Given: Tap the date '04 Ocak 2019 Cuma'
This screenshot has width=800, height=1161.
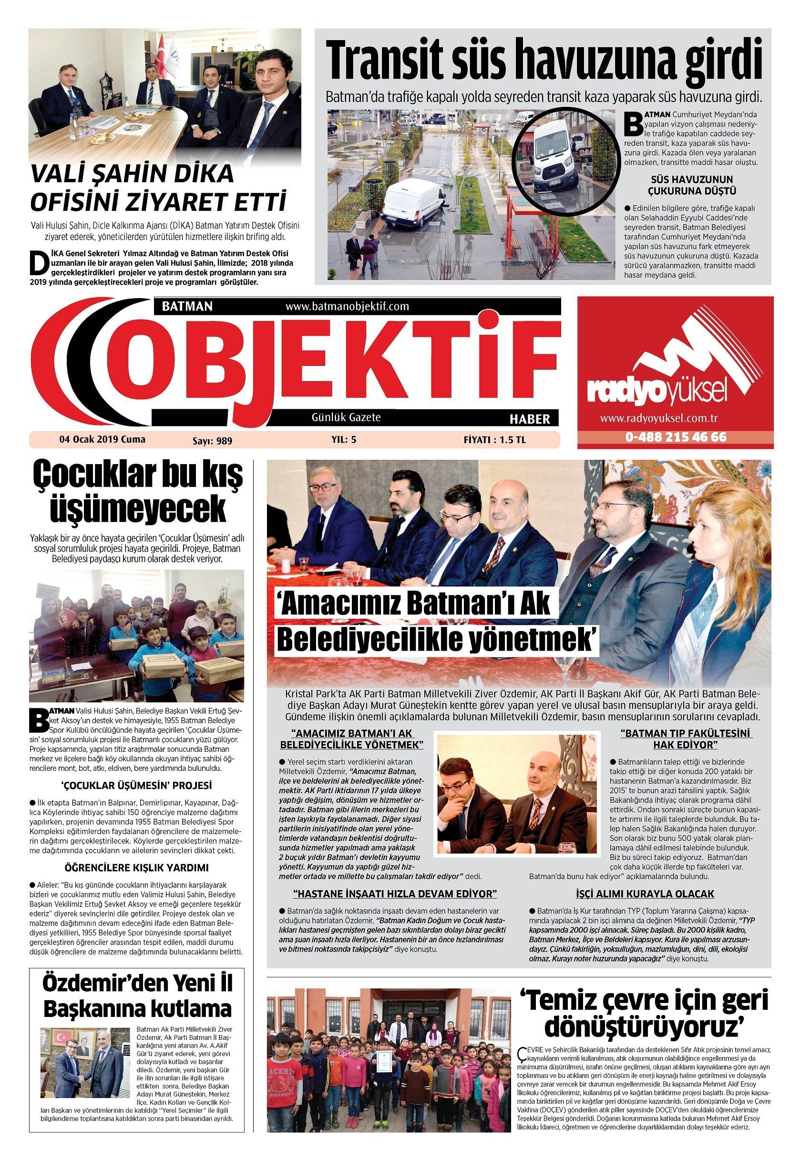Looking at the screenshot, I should point(102,439).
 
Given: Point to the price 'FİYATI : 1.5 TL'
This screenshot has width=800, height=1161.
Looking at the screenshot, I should point(494,440).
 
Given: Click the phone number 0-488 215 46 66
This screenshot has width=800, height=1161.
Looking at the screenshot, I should point(675,437).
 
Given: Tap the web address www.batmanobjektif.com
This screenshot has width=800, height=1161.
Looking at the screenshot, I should point(347,306).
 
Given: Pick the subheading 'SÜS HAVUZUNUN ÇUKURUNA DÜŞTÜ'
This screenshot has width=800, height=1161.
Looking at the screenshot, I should point(691,185).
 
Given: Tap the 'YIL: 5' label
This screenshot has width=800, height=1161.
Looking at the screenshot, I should point(343,440).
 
